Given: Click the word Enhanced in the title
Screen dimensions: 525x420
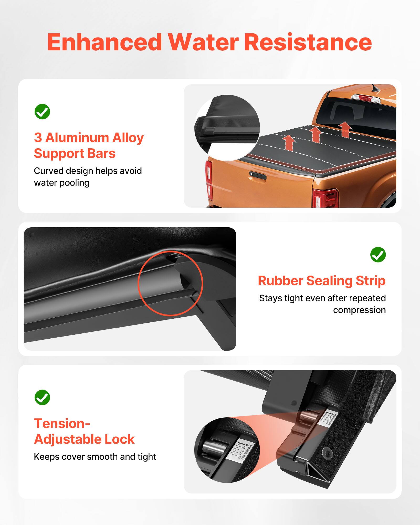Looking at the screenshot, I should click(x=104, y=43).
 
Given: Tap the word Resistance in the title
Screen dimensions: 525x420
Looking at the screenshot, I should click(x=308, y=43).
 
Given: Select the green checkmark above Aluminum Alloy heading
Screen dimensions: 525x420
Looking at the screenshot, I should click(x=42, y=112).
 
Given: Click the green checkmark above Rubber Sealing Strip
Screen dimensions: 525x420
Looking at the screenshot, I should click(x=378, y=254).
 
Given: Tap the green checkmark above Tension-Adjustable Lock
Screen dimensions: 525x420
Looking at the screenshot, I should click(x=42, y=397).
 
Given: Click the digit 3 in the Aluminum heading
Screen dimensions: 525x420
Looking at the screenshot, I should click(x=38, y=138).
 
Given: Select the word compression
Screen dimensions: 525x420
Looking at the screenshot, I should click(x=359, y=310).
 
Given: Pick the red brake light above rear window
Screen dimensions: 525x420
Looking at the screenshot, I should click(x=365, y=98).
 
